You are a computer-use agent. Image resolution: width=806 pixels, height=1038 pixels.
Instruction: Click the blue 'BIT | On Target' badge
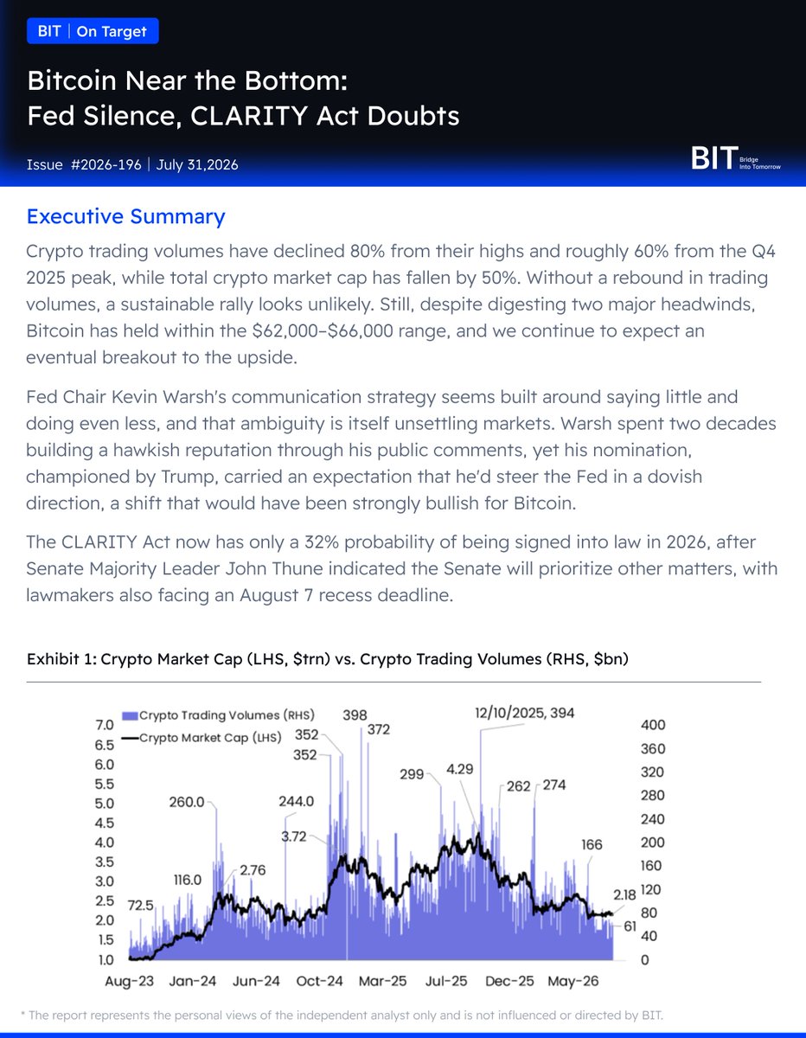click(93, 31)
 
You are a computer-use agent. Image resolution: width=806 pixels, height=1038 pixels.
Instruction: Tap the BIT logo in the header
click(736, 158)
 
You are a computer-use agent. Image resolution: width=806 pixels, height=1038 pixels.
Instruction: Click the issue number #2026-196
click(106, 165)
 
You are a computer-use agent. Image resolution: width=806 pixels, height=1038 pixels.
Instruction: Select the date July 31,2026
click(197, 165)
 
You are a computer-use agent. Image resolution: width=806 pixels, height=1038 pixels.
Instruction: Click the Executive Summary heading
click(125, 216)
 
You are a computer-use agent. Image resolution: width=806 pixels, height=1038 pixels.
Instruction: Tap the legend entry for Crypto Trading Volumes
click(218, 715)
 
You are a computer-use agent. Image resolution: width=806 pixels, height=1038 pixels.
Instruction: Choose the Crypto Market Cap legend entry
click(201, 738)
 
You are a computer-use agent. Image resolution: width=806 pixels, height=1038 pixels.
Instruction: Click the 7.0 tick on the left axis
click(105, 725)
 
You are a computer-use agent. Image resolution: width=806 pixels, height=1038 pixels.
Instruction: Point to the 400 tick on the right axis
click(653, 725)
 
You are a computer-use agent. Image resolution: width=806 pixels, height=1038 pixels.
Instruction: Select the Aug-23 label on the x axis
click(129, 981)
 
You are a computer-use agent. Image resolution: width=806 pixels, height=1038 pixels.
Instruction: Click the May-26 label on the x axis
click(573, 981)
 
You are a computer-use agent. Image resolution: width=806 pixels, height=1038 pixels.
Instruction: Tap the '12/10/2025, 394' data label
click(524, 713)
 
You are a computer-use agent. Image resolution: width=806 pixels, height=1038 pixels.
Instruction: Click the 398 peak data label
click(355, 715)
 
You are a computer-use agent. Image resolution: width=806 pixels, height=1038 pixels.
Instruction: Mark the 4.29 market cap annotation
click(460, 769)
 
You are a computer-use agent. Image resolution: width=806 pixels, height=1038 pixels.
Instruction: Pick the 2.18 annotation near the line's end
click(624, 894)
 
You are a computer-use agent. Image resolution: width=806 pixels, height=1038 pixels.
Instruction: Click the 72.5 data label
click(140, 905)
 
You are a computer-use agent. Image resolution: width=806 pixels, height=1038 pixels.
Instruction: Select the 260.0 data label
click(187, 802)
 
